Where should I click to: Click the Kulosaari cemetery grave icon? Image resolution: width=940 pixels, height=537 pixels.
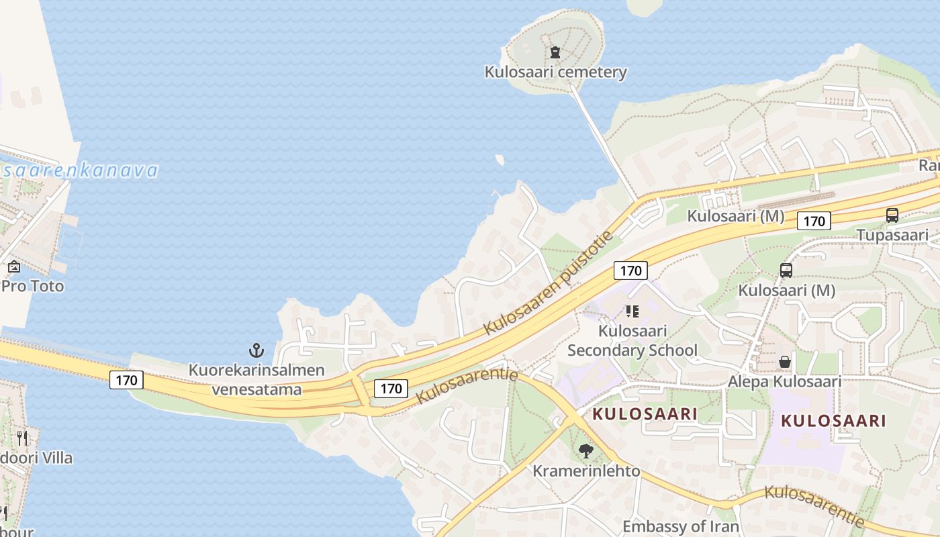coord(555,52)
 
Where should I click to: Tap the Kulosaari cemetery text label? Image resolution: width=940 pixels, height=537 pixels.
coord(555,72)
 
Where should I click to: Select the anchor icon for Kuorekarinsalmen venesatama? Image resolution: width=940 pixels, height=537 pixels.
coord(256,350)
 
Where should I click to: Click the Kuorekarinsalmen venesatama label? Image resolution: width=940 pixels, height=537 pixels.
coord(256,379)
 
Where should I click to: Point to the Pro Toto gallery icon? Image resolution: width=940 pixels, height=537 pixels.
coord(13,267)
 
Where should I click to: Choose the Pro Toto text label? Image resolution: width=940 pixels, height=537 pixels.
coord(32,286)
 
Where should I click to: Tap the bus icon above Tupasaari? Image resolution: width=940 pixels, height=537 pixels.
coord(892,215)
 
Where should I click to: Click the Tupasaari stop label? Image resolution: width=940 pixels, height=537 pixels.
coord(892,235)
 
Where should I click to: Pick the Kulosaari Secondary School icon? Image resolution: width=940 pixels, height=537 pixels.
coord(632,311)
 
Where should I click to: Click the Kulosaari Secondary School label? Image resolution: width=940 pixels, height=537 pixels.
coord(632,340)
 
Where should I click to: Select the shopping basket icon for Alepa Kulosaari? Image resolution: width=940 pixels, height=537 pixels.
coord(784,362)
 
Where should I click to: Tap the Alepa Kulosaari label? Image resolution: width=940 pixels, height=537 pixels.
coord(784,381)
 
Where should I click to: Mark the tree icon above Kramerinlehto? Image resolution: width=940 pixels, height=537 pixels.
coord(586,451)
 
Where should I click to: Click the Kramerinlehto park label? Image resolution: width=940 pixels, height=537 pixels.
coord(586,471)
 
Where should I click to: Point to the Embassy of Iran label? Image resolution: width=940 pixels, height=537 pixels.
coord(680,526)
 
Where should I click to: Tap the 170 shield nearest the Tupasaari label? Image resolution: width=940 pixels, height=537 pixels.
coord(814,221)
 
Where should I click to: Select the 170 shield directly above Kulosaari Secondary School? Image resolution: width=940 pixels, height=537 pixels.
coord(630,271)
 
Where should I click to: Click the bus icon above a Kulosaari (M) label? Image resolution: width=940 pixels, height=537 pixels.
coord(786,271)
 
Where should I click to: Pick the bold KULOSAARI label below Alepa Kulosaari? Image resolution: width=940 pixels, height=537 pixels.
coord(833,421)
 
